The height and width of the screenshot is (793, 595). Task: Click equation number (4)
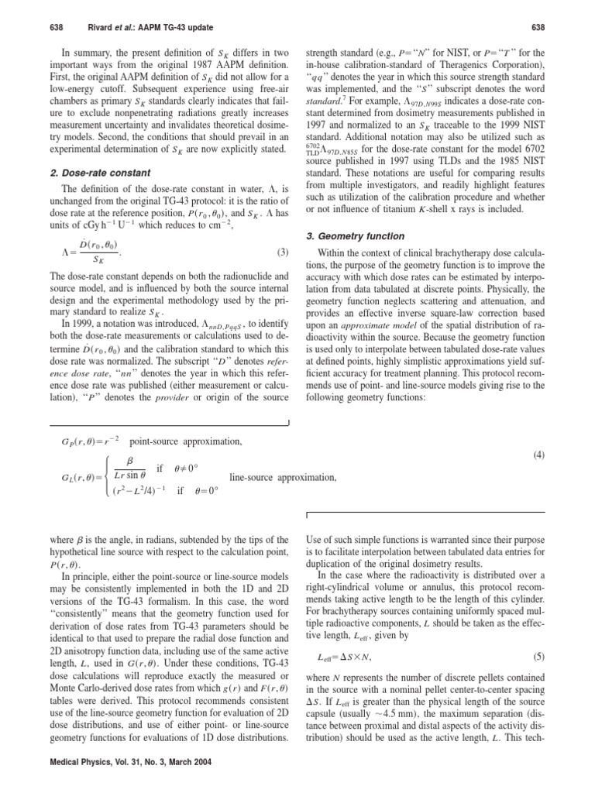(539, 456)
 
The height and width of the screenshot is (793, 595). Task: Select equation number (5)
(539, 657)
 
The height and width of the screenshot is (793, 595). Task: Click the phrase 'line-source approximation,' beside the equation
(284, 478)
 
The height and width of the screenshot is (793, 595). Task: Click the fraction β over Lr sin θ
(131, 469)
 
